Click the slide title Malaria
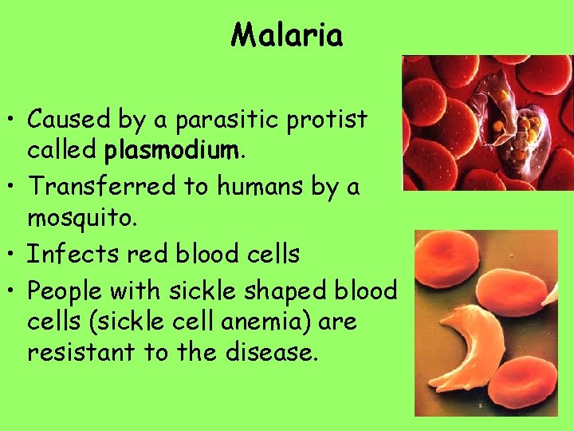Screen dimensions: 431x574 tap(287, 34)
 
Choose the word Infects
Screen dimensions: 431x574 tap(62, 254)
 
